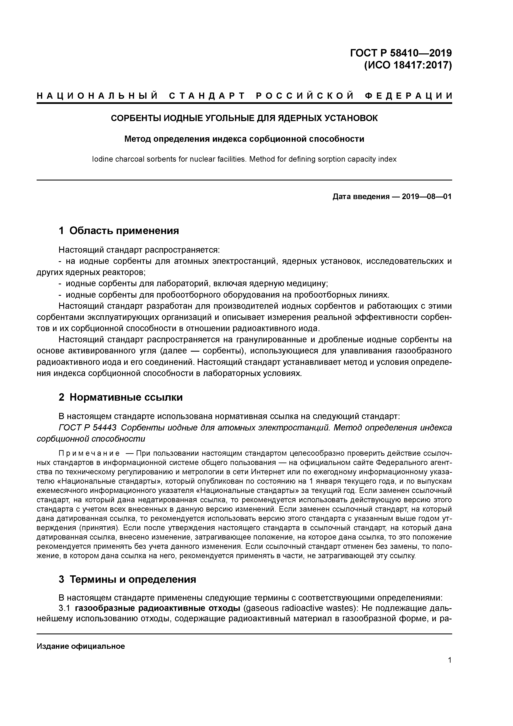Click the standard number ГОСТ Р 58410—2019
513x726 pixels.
401,53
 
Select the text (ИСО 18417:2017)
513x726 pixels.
408,65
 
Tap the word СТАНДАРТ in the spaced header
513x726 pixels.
207,96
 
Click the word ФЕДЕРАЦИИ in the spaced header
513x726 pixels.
408,96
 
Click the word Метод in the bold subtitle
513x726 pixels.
138,139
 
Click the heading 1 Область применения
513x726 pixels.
119,231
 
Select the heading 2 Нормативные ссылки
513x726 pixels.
121,397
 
